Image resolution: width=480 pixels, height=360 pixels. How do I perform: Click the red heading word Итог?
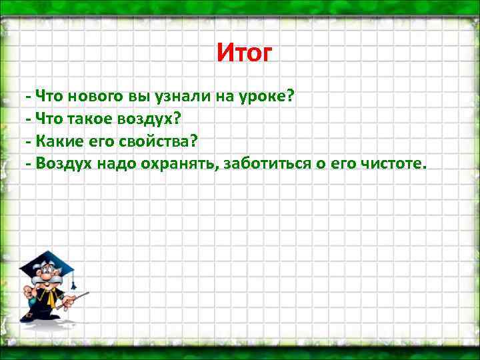point(245,52)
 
